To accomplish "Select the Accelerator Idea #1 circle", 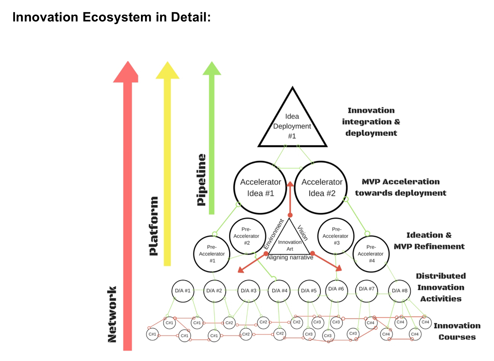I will (260, 188).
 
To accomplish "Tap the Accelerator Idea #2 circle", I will (321, 188).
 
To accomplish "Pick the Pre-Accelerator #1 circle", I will (212, 254).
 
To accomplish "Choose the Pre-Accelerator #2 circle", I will (247, 236).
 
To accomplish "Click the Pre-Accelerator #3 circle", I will (336, 236).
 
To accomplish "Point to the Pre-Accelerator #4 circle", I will (371, 254).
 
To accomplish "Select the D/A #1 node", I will (183, 291).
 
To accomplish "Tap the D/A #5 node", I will (309, 291).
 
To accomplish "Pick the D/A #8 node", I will (399, 291).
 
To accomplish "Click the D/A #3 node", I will (249, 291).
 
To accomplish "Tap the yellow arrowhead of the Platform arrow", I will (168, 71).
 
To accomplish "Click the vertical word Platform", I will (154, 226).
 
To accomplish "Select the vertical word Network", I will (112, 314).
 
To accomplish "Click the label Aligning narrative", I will (290, 257).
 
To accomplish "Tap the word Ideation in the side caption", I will (425, 235).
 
